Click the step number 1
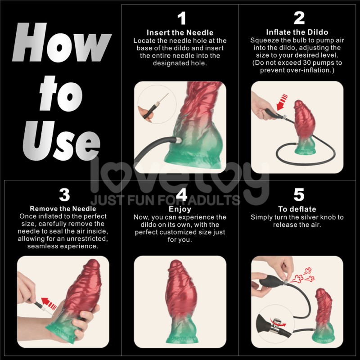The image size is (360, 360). coord(181,18)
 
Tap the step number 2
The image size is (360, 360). coord(298,18)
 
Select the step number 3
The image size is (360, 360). coord(64,195)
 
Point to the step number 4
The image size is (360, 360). coord(181,195)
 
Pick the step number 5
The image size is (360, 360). coord(298,195)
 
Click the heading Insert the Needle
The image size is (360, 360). coord(180,32)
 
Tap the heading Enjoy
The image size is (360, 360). coord(180,209)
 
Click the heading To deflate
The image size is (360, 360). coord(297,209)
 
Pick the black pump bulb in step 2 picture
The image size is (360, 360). coord(268,112)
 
